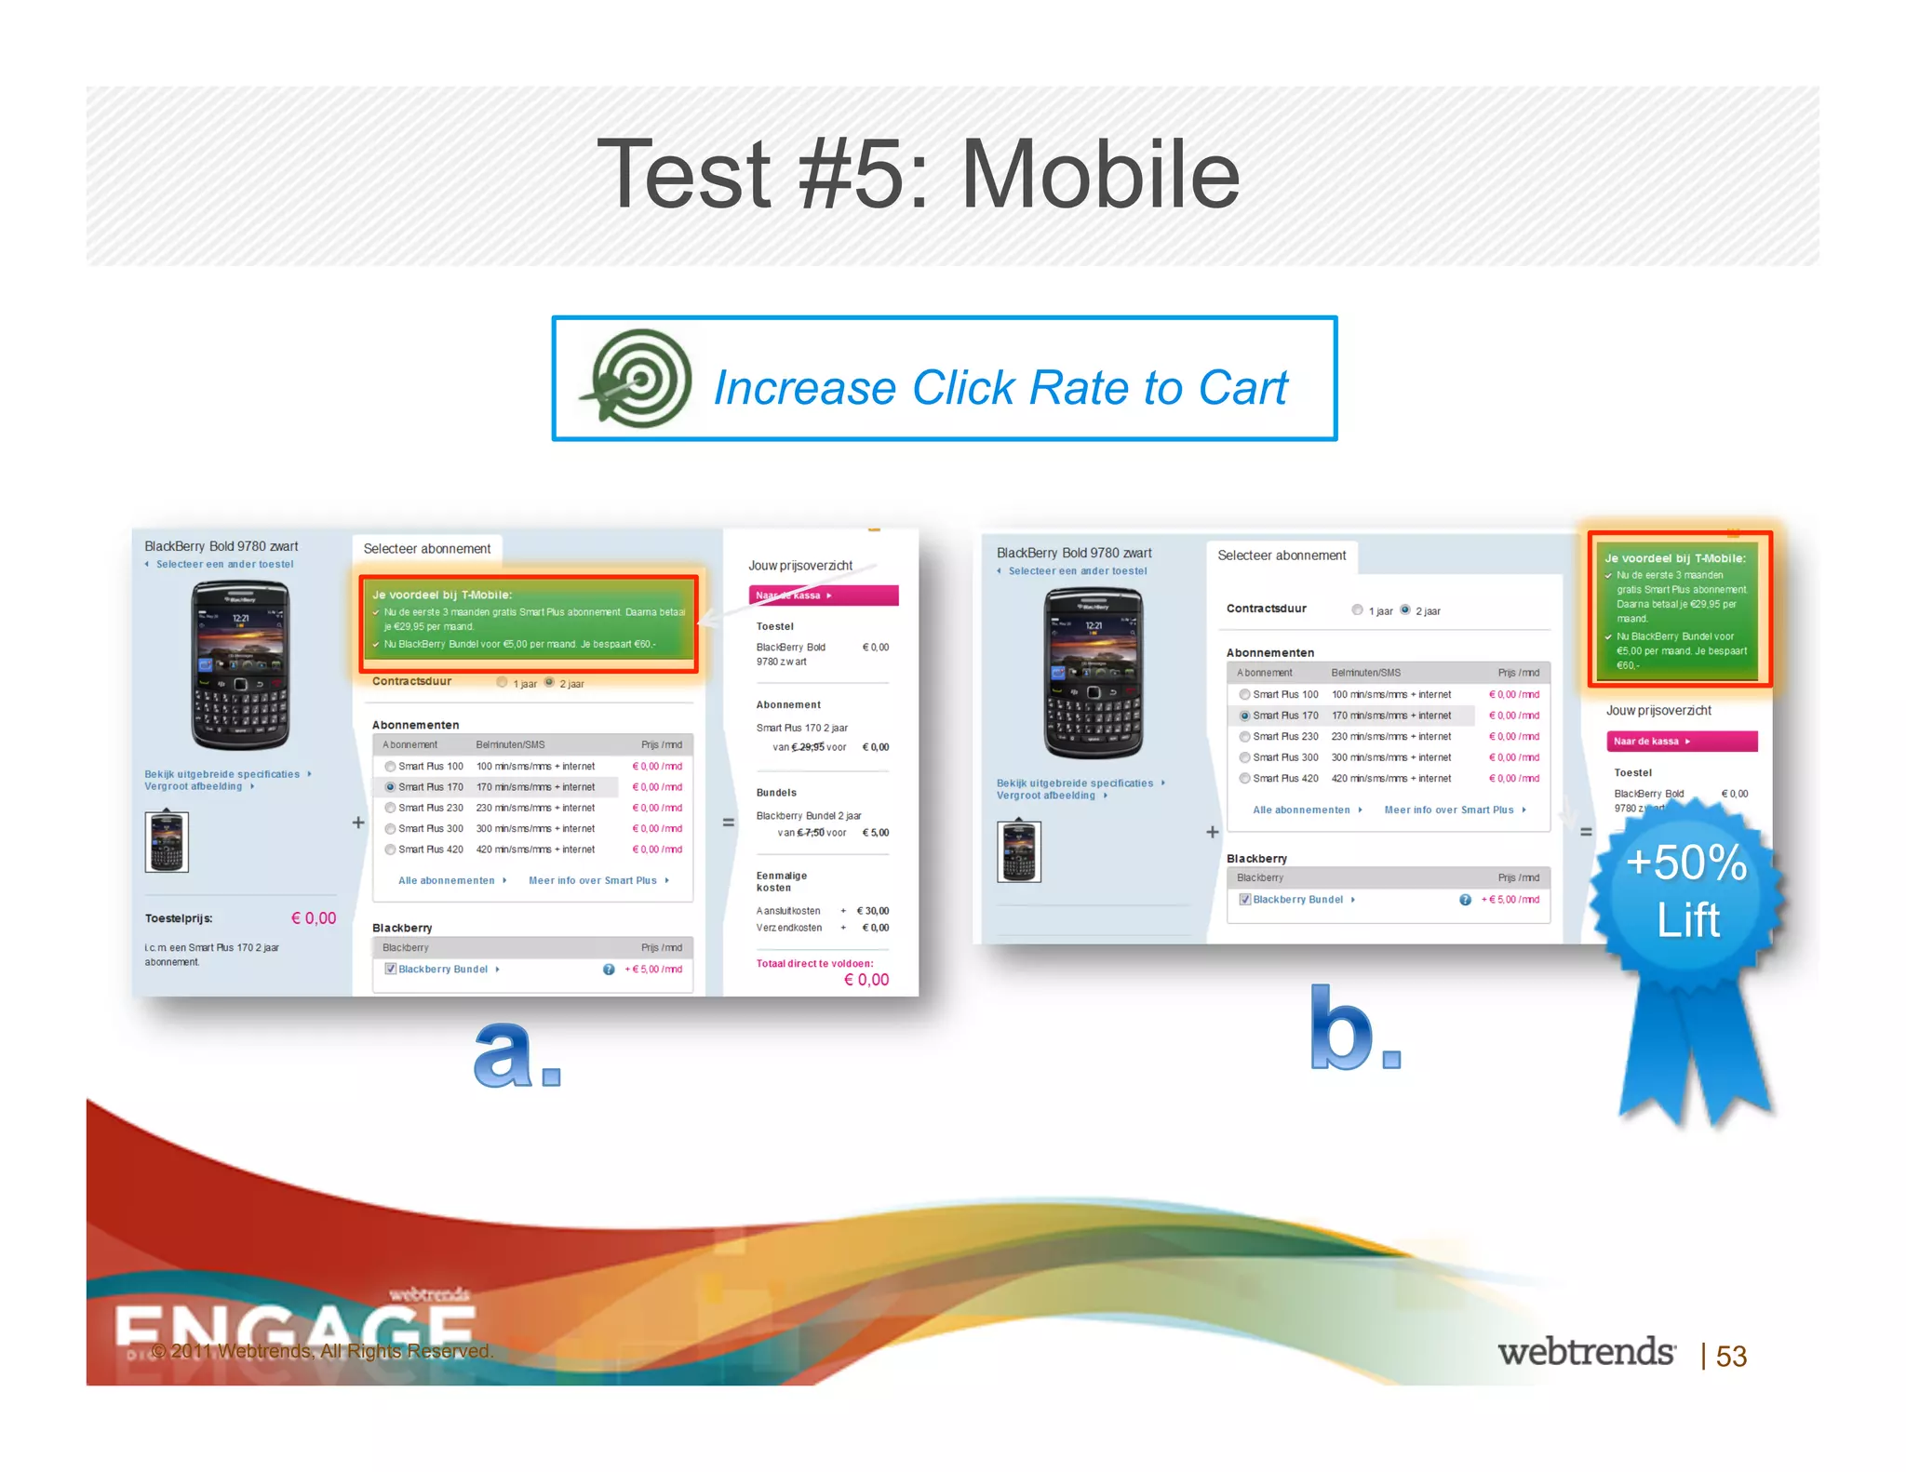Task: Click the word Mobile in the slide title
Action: click(x=1100, y=175)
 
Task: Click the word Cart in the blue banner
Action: click(x=1242, y=388)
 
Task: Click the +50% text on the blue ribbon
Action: click(x=1685, y=863)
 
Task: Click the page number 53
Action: click(x=1731, y=1356)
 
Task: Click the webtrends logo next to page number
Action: click(x=1586, y=1352)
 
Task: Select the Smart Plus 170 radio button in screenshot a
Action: click(x=391, y=787)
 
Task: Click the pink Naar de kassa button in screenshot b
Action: click(x=1681, y=742)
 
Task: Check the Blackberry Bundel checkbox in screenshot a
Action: click(x=391, y=969)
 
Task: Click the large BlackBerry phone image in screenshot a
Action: click(x=240, y=664)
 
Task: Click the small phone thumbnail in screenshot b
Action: click(x=1018, y=851)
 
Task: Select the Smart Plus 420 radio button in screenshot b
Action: click(x=1244, y=779)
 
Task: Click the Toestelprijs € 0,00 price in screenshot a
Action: click(x=314, y=918)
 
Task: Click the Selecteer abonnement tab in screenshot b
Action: click(x=1281, y=555)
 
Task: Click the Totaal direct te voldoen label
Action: click(x=814, y=963)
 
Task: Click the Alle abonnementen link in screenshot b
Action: click(x=1301, y=810)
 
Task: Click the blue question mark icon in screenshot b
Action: click(x=1465, y=900)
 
